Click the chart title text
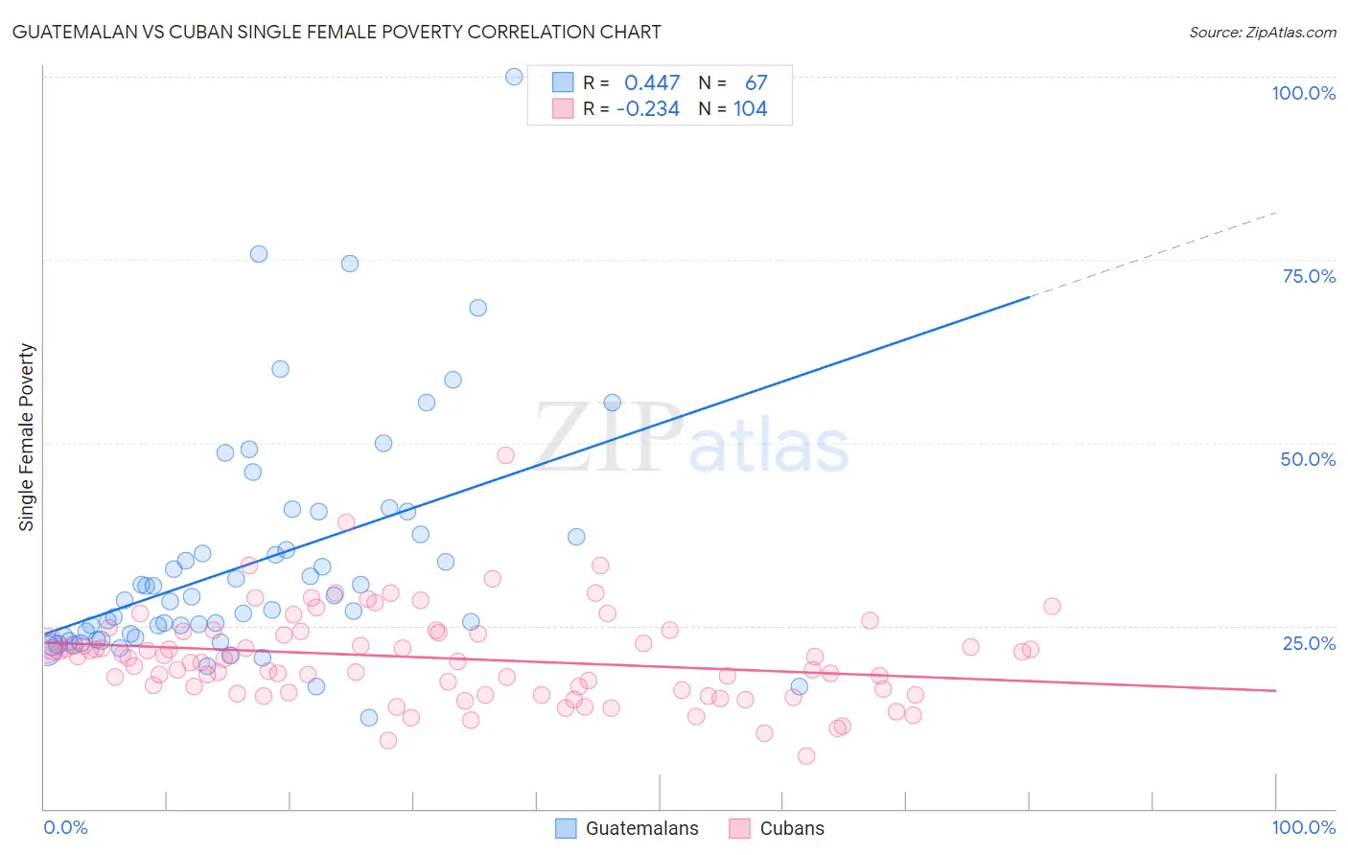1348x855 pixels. (336, 32)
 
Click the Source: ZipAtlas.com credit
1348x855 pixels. (1262, 32)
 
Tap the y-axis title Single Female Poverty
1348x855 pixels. (27, 437)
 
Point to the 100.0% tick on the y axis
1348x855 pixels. (1303, 93)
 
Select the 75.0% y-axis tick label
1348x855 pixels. (1309, 276)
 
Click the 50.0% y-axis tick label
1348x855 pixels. (1308, 459)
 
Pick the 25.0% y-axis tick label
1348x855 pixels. (1309, 642)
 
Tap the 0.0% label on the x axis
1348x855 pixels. (65, 827)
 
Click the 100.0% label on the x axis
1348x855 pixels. (1303, 827)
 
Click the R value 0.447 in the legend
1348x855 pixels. (652, 83)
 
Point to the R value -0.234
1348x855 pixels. (648, 109)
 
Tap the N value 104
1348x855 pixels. (750, 109)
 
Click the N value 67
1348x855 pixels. (755, 83)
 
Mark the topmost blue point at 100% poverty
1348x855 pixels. (514, 77)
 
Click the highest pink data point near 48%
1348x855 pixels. (505, 455)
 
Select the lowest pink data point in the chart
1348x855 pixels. (806, 756)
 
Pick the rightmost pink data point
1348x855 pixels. (1052, 606)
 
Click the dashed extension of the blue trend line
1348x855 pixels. (1150, 254)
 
